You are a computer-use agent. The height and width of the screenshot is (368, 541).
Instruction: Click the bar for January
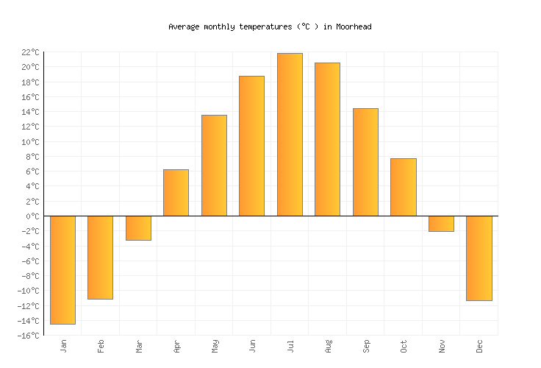(62, 269)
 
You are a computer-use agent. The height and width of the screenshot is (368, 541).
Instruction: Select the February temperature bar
(100, 257)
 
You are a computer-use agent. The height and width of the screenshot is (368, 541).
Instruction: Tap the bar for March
(138, 228)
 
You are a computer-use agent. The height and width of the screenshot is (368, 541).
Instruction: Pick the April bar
(176, 193)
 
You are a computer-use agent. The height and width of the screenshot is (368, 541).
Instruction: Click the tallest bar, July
(290, 135)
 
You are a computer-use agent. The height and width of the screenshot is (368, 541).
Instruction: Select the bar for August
(327, 139)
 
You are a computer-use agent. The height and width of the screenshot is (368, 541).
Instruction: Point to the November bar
(441, 224)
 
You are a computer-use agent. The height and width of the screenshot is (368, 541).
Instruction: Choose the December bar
(479, 258)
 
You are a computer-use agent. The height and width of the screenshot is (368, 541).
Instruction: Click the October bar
(403, 187)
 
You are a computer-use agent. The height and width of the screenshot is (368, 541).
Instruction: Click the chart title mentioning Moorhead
(270, 26)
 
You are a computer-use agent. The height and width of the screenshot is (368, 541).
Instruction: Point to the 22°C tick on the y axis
(29, 52)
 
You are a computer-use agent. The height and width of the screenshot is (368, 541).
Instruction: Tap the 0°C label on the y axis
(32, 216)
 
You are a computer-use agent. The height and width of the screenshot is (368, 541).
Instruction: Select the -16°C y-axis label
(28, 336)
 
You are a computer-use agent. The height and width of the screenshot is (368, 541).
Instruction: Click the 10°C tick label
(29, 142)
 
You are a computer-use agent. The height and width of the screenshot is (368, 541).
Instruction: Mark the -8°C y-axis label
(29, 276)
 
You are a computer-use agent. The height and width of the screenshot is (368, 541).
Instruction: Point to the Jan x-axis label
(63, 346)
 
